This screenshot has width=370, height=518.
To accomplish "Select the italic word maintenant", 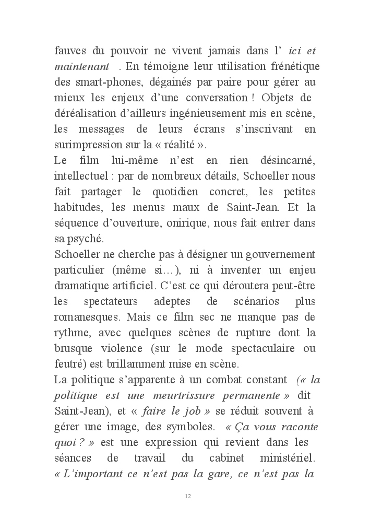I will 81,67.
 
